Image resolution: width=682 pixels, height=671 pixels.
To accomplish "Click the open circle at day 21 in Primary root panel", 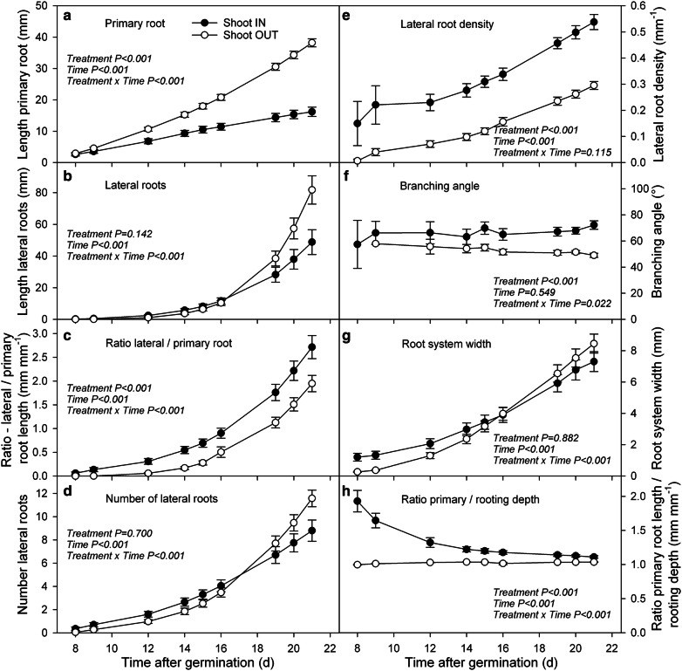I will pos(311,43).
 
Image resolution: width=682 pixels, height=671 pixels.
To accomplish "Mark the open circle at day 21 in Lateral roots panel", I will pos(311,190).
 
